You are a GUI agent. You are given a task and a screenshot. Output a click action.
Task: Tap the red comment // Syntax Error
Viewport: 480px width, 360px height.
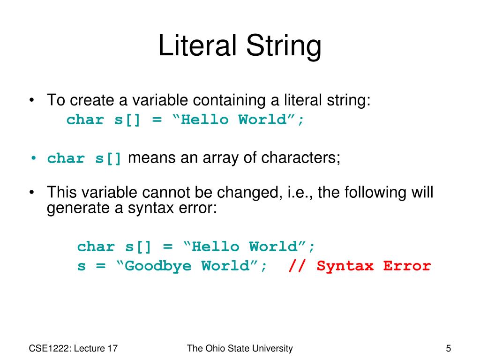(360, 266)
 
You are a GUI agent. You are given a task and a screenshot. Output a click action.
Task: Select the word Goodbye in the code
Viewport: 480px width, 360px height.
(157, 266)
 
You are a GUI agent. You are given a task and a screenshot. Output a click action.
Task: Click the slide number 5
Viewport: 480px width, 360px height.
(448, 348)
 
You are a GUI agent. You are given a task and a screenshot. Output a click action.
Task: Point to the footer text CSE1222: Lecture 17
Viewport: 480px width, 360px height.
(73, 348)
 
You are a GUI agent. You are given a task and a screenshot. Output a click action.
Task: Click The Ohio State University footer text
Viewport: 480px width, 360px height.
(240, 348)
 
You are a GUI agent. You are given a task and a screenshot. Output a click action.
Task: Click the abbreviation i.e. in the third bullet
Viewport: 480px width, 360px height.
(300, 193)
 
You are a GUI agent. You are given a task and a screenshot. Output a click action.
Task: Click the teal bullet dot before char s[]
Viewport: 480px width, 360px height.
(34, 158)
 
